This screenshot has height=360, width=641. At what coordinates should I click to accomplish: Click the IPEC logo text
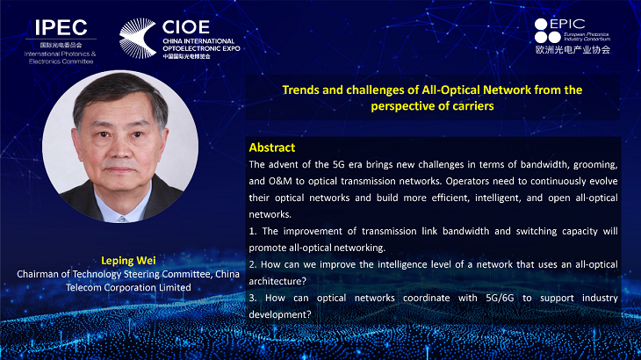tap(61, 28)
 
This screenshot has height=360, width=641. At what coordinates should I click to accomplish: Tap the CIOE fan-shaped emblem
tap(138, 38)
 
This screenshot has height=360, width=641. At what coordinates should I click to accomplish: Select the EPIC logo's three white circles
tap(547, 31)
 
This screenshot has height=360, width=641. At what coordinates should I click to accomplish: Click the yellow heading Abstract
tap(272, 148)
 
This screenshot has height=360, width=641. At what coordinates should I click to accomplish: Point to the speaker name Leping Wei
tap(128, 261)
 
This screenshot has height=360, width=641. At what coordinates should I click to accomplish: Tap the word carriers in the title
tap(473, 106)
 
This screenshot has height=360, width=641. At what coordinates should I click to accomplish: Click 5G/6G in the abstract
tap(500, 298)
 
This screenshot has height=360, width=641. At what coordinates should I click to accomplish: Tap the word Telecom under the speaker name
tap(83, 288)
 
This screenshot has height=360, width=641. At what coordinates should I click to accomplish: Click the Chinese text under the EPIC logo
tap(573, 50)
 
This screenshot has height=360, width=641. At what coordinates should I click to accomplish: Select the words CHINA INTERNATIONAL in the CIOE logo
tap(198, 41)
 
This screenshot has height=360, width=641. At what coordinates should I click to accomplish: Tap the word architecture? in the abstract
tap(277, 281)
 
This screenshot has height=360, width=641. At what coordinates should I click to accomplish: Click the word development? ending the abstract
tap(280, 314)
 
